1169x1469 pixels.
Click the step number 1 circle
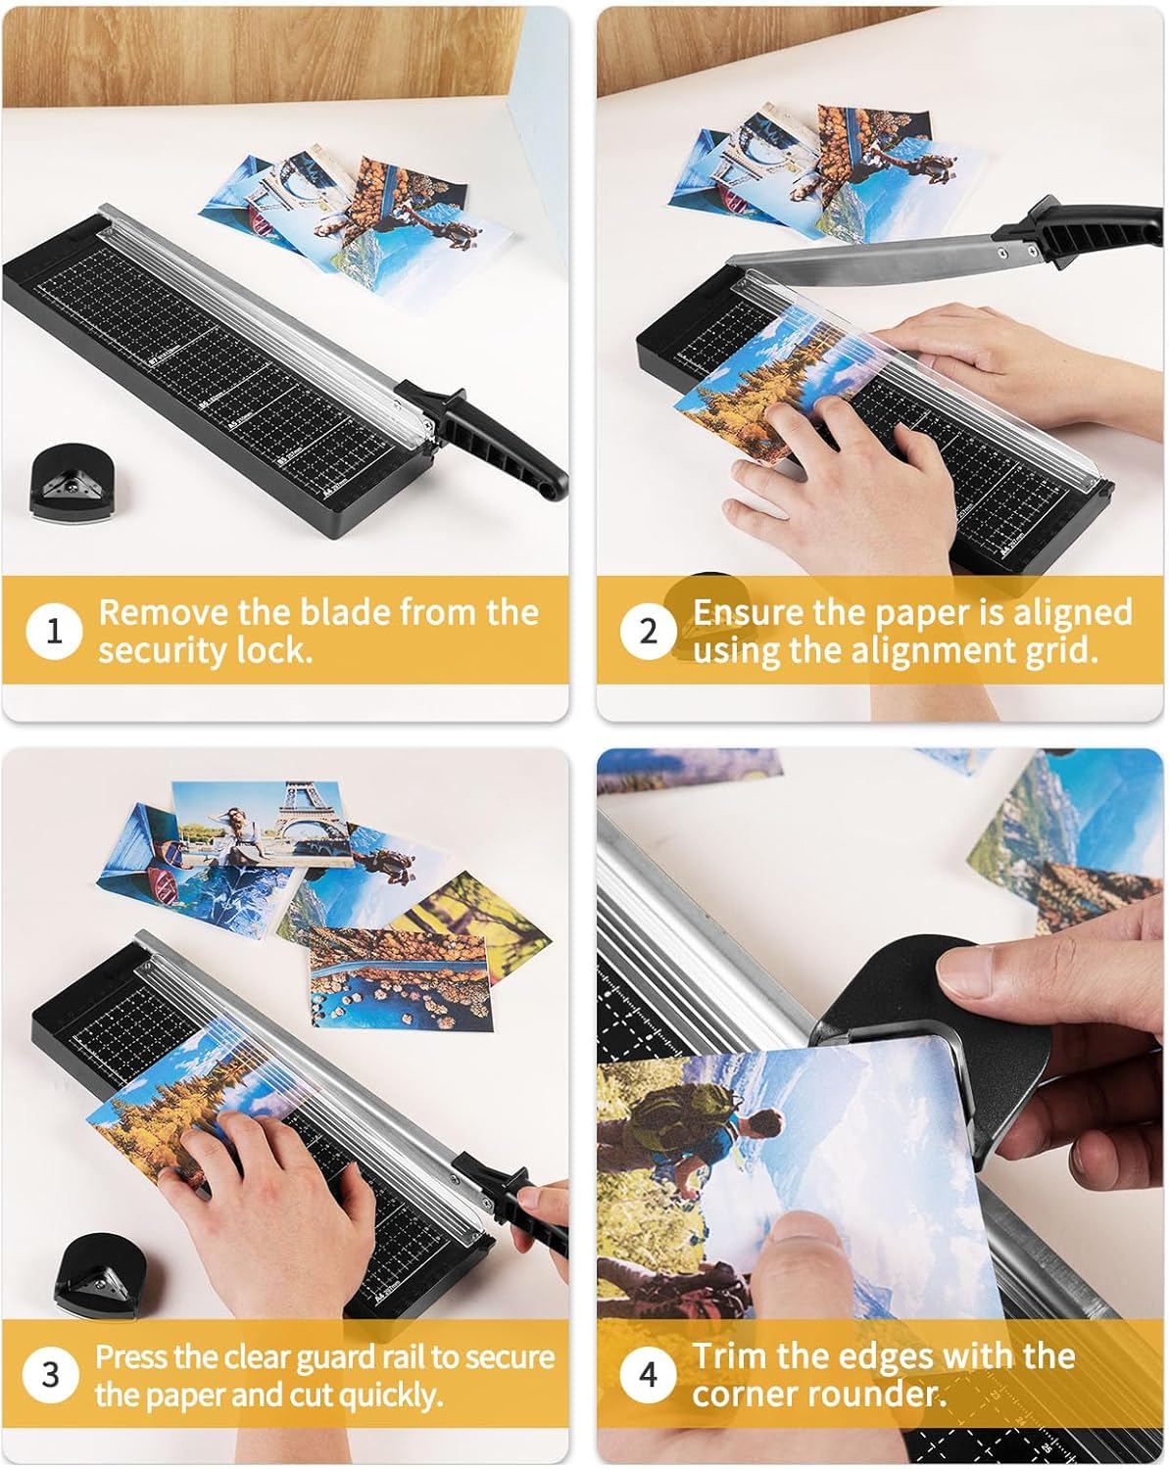[54, 631]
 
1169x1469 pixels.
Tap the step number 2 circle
[648, 631]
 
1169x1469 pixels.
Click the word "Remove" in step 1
[163, 612]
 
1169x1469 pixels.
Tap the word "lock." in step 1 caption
[274, 650]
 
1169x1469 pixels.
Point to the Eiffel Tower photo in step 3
[263, 825]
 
